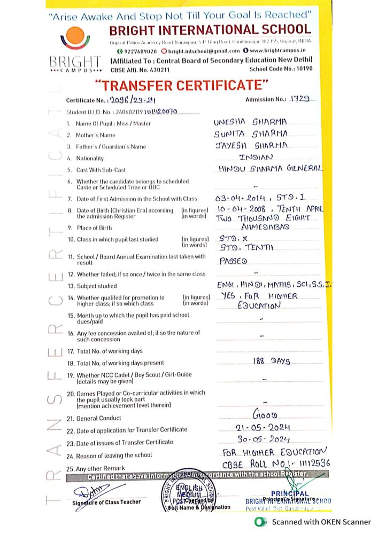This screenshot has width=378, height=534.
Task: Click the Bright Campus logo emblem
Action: [x=75, y=38]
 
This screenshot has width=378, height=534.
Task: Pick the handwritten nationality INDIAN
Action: [x=256, y=157]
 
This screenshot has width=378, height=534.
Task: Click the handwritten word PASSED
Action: [x=234, y=261]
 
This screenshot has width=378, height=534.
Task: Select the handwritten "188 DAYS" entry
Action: [x=272, y=362]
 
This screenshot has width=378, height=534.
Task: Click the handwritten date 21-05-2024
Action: [x=263, y=428]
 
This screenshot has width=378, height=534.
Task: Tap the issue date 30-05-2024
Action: [x=263, y=439]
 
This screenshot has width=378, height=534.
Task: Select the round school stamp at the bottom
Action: [x=189, y=491]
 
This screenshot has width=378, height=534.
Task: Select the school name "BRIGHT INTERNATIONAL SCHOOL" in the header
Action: [x=210, y=30]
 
